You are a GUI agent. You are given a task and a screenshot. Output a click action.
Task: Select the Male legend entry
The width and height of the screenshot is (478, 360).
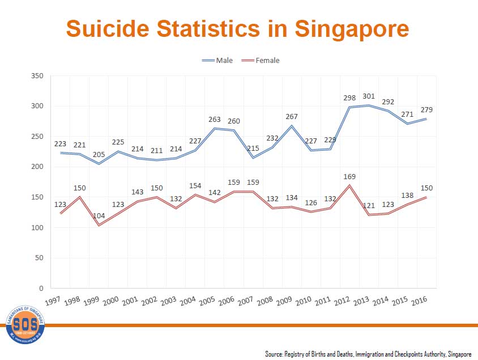click(217, 60)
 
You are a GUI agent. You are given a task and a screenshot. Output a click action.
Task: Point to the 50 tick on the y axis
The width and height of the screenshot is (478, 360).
click(38, 258)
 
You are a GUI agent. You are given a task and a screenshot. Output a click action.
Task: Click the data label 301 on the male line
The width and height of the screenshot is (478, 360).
click(369, 96)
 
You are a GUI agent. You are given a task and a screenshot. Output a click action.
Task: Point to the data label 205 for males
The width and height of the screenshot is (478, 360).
click(99, 154)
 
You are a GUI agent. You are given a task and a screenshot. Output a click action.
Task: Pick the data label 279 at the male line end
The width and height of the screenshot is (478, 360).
click(426, 109)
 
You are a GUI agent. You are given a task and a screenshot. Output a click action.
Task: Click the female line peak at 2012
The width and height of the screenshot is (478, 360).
click(350, 185)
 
